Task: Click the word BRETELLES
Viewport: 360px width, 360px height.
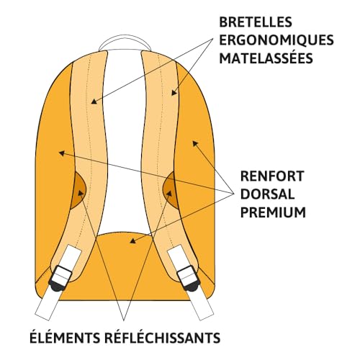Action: point(256,22)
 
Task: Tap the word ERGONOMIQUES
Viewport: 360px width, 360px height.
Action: point(276,40)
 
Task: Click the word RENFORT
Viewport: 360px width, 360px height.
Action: point(272,176)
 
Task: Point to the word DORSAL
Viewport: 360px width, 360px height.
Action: point(267,194)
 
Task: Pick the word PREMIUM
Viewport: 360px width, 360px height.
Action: point(273,212)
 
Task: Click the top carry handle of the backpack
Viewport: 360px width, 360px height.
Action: point(125,41)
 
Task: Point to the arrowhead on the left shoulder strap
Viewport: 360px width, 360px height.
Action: point(94,102)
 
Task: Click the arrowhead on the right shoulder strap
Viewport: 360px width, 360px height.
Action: point(174,92)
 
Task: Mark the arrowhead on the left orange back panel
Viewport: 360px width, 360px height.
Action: point(62,153)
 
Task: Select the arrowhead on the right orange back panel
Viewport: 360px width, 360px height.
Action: point(195,144)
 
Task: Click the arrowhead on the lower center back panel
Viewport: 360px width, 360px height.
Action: point(132,240)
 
